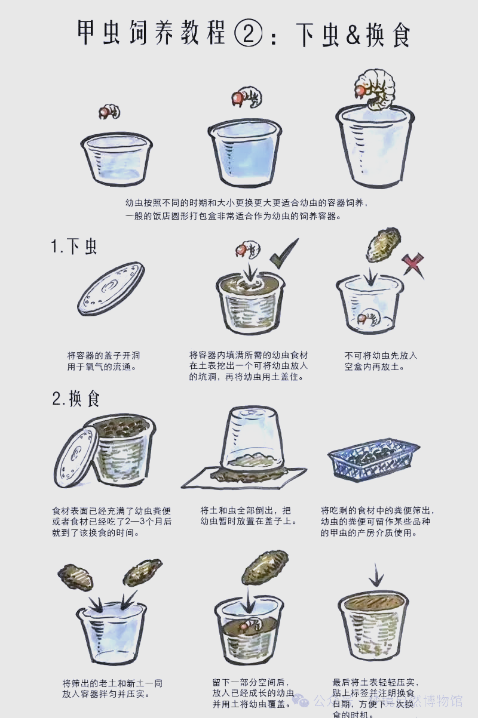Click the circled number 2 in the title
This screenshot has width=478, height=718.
[x=249, y=33]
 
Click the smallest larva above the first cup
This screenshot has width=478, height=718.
[x=109, y=112]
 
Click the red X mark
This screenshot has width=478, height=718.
[x=412, y=264]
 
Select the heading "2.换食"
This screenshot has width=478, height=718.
[x=76, y=399]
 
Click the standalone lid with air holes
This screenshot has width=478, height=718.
[x=111, y=288]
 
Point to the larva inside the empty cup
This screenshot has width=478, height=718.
[x=367, y=318]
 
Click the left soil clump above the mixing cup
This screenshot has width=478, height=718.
[x=75, y=577]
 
